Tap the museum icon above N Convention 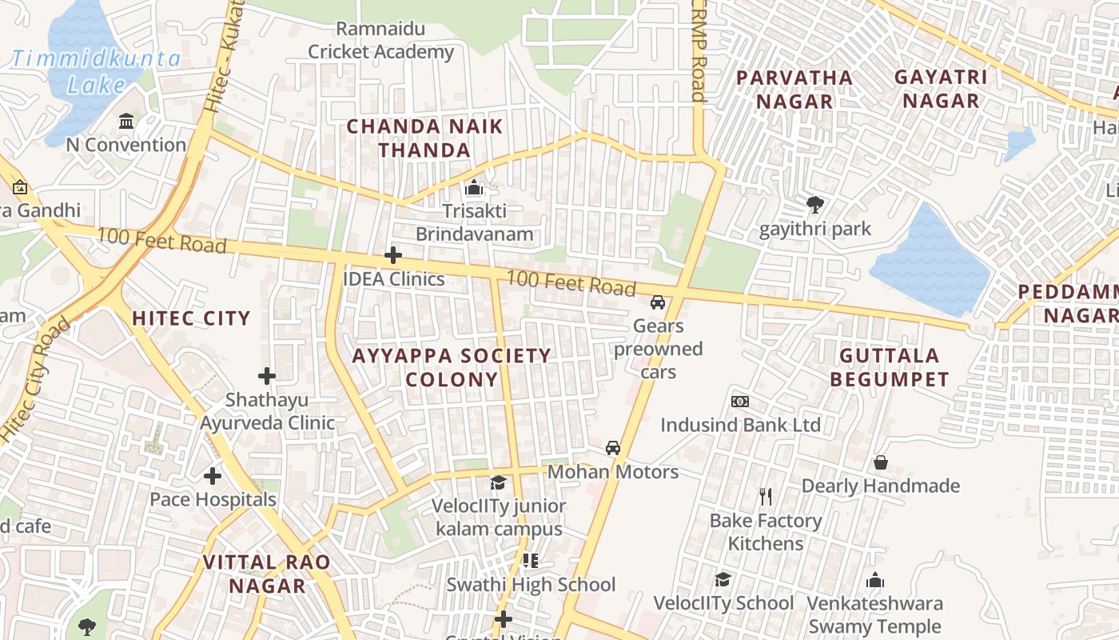click(126, 122)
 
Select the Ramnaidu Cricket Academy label click(380, 41)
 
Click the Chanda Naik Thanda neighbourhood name click(424, 138)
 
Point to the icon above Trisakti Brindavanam click(474, 188)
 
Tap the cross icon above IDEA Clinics click(392, 255)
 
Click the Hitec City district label click(191, 318)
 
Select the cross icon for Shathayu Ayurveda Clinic click(267, 375)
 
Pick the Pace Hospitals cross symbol click(213, 476)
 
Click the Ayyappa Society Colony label click(452, 367)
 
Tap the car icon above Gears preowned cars click(658, 302)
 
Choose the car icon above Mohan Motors click(613, 448)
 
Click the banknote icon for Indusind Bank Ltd click(740, 401)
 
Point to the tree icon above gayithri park click(814, 205)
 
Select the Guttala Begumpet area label click(890, 367)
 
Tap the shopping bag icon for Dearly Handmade click(881, 462)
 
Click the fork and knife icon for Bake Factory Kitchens click(766, 497)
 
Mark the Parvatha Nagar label click(794, 89)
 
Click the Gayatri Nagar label click(941, 89)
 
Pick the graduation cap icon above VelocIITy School click(723, 579)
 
